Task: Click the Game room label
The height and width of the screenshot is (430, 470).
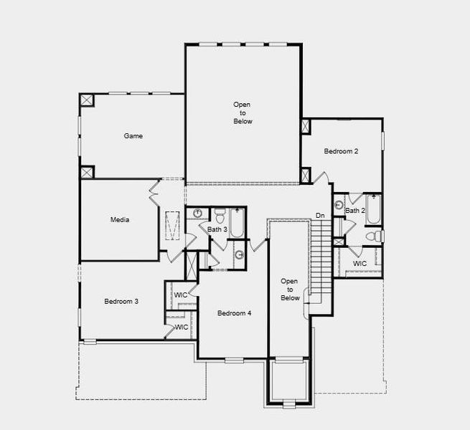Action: point(133,135)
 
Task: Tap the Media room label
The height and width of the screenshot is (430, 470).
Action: point(120,219)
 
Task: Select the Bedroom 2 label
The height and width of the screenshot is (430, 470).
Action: point(341,151)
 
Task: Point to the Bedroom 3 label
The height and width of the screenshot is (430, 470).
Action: point(121,301)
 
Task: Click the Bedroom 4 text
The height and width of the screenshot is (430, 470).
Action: point(235,313)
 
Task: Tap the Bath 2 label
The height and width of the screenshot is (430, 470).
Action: point(355,211)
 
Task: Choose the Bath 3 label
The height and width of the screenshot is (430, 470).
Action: point(217,229)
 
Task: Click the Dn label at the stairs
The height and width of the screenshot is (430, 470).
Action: point(320,216)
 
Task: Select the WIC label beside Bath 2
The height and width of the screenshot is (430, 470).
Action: point(359,264)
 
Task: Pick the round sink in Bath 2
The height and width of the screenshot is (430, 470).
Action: point(339,204)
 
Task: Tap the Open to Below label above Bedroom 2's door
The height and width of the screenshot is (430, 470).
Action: point(243,113)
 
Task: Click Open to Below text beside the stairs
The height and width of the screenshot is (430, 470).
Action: point(289,290)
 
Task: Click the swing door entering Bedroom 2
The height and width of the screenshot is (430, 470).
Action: point(322,177)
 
